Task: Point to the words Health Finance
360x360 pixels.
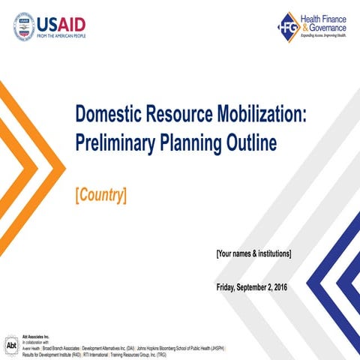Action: point(323,17)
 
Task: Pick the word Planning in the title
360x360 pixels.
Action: point(203,142)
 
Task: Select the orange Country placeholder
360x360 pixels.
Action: point(100,195)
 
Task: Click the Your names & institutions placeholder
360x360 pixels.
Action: point(253,253)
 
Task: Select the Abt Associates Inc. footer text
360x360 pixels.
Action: point(35,337)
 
